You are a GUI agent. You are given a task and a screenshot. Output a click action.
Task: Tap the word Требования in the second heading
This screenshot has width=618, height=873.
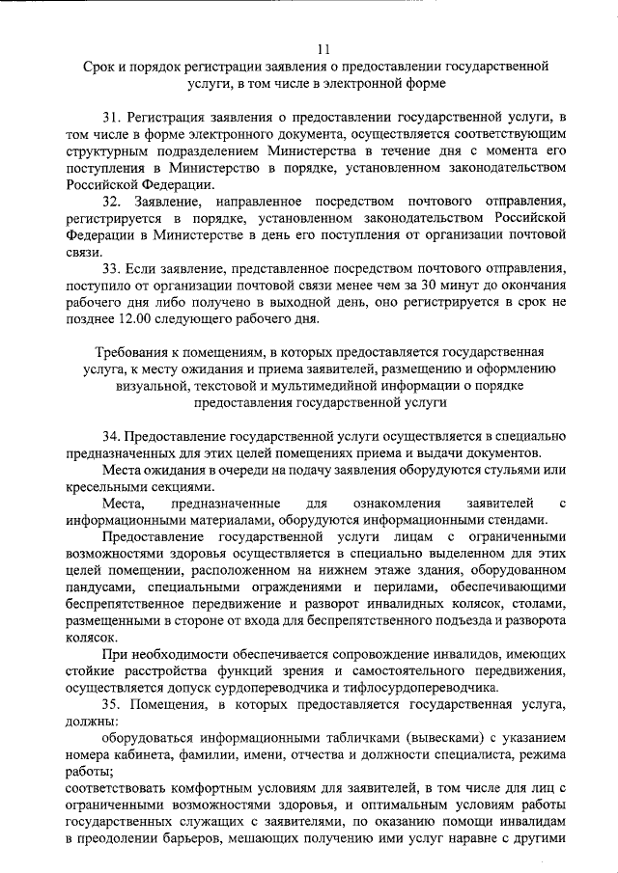[129, 353]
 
